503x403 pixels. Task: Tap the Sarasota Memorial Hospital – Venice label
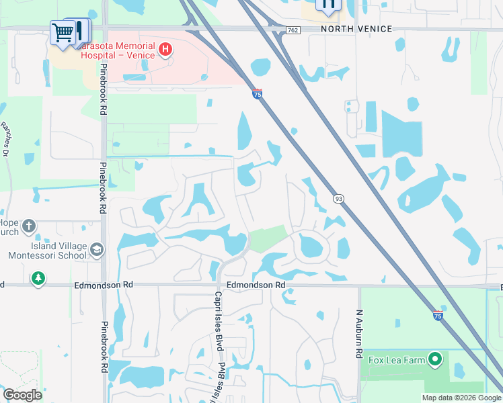click(111, 51)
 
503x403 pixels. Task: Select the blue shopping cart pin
click(63, 32)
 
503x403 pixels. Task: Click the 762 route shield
click(293, 30)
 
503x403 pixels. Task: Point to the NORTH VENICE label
click(356, 30)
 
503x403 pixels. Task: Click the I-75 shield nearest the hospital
click(258, 95)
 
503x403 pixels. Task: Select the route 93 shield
click(338, 198)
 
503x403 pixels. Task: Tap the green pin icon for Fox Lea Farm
click(435, 360)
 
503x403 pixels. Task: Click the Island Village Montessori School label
click(47, 251)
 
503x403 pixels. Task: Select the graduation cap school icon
click(98, 251)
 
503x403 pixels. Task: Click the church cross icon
click(28, 226)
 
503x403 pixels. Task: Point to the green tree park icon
click(38, 277)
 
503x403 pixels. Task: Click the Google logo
click(22, 395)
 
